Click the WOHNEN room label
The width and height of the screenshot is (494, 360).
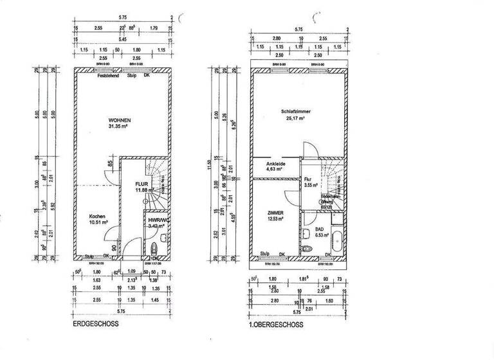[x=120, y=121]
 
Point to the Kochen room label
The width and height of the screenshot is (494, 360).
[x=98, y=217]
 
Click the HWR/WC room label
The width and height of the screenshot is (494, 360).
[x=157, y=220]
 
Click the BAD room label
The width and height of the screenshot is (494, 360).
[x=320, y=230]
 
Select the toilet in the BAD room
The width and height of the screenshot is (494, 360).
[x=307, y=249]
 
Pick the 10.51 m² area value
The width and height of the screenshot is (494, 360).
[x=98, y=224]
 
